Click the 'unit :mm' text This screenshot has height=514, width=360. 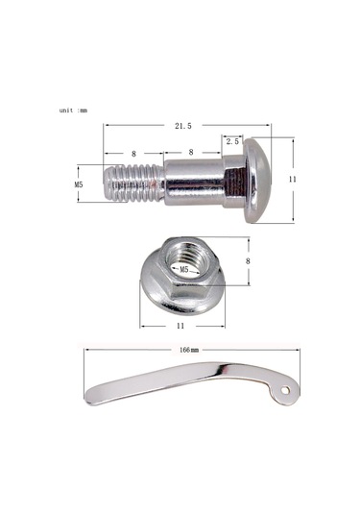point(73,110)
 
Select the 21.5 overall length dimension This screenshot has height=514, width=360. point(182,126)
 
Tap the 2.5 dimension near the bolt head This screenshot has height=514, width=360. point(232,141)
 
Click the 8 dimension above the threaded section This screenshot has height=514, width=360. point(133,154)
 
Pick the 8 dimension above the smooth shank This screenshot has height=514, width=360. point(191,152)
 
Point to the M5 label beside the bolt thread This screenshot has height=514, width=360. point(79,184)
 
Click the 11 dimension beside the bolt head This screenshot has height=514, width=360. point(292,180)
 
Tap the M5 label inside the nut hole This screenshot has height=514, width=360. point(184,269)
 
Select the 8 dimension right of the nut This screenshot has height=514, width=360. point(248,261)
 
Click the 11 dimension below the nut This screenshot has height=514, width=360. point(180,326)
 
